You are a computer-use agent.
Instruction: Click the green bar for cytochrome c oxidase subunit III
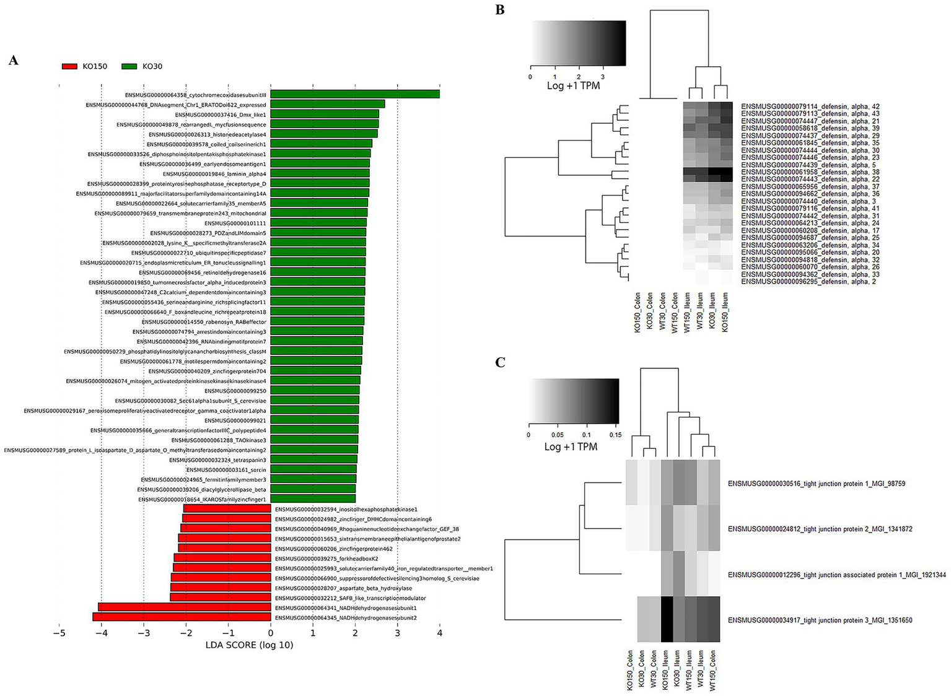pos(354,94)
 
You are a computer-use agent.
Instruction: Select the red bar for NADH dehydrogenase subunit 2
pos(182,617)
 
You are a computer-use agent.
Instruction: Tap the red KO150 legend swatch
pos(69,66)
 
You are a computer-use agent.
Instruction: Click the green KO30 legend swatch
pos(129,66)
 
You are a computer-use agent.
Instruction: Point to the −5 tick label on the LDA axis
pos(59,634)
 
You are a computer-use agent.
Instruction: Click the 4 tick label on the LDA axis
pos(439,634)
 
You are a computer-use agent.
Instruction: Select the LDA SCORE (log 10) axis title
pos(249,645)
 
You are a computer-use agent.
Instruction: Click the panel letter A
pos(14,60)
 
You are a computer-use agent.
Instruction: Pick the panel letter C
pos(501,362)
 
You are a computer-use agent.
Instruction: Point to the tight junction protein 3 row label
pos(820,620)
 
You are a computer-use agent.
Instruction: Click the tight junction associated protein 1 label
pos(836,575)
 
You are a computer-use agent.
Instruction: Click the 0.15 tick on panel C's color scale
pos(615,435)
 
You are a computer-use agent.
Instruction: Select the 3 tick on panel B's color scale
pos(603,77)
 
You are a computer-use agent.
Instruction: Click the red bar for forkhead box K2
pos(222,558)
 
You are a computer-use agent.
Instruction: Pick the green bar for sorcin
pos(313,469)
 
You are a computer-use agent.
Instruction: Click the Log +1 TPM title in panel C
pos(571,446)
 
